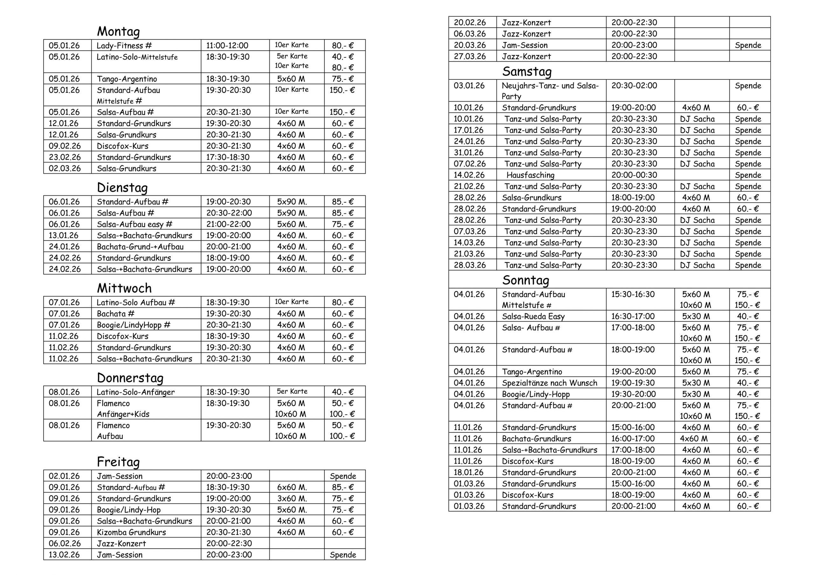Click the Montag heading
pyautogui.click(x=118, y=31)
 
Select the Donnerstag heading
pyautogui.click(x=130, y=378)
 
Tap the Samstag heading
pyautogui.click(x=527, y=71)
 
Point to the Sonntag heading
pyautogui.click(x=526, y=280)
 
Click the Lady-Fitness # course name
pyautogui.click(x=124, y=45)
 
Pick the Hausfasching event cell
pyautogui.click(x=530, y=175)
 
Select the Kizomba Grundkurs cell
pyautogui.click(x=131, y=532)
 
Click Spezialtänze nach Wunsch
pyautogui.click(x=549, y=383)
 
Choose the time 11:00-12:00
pyautogui.click(x=227, y=45)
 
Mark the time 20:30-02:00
pyautogui.click(x=634, y=85)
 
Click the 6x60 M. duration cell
pyautogui.click(x=292, y=487)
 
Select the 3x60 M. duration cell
pyautogui.click(x=292, y=498)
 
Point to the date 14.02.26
pyautogui.click(x=469, y=175)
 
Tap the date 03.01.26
pyautogui.click(x=469, y=85)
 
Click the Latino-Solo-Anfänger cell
pyautogui.click(x=135, y=392)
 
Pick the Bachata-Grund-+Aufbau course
pyautogui.click(x=140, y=247)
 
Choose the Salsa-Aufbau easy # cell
pyautogui.click(x=135, y=224)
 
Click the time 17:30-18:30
pyautogui.click(x=228, y=157)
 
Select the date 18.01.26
pyautogui.click(x=469, y=472)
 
